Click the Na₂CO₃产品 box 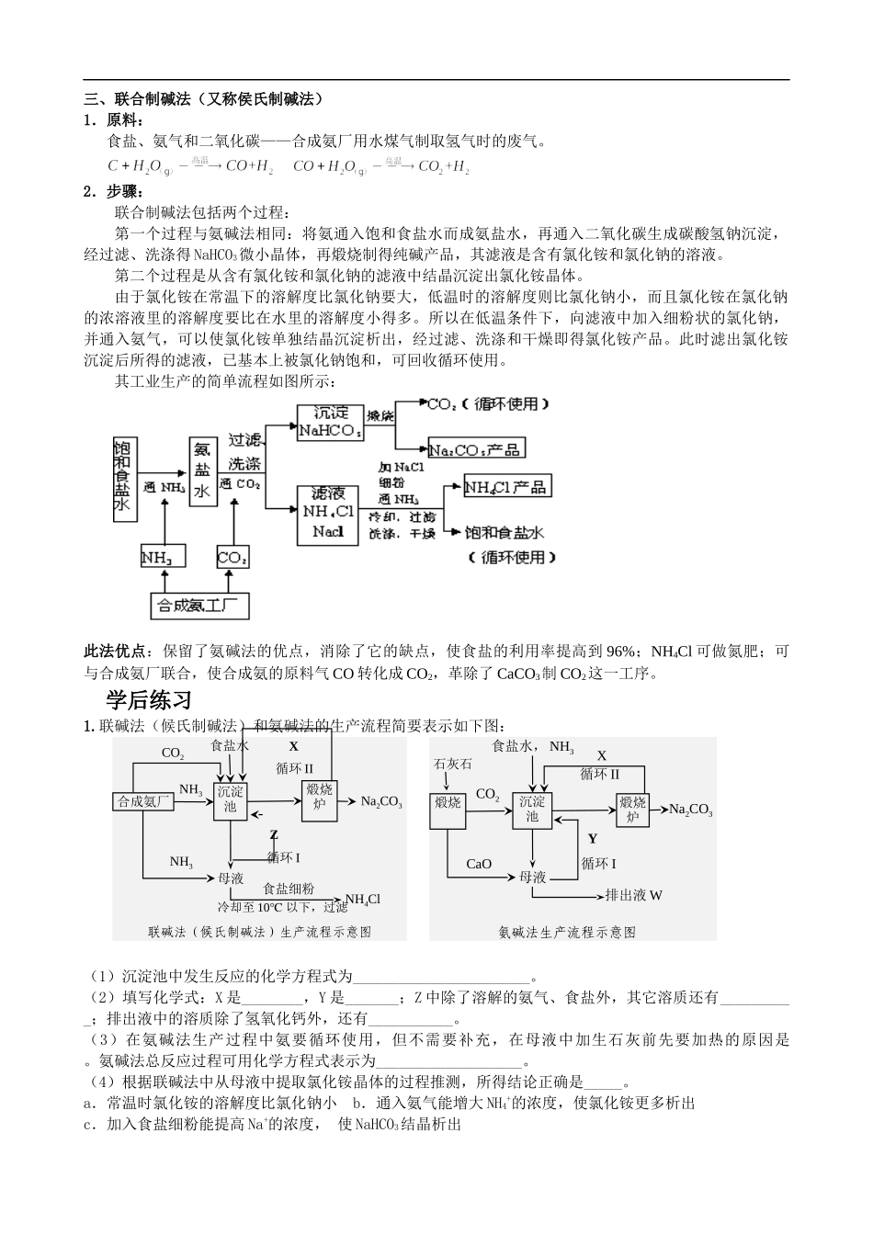(476, 449)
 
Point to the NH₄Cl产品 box (506, 487)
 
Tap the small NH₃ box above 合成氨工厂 (163, 557)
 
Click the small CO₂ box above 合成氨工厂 (231, 557)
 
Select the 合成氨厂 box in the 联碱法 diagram (144, 801)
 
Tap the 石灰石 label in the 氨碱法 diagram (452, 764)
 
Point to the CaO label (479, 864)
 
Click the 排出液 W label (634, 894)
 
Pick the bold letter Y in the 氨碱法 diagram (593, 838)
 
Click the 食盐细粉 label (289, 889)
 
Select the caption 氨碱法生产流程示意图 (567, 931)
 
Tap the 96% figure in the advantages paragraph (621, 651)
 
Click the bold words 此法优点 (115, 651)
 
